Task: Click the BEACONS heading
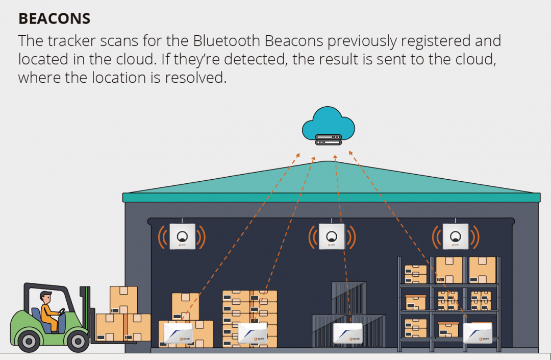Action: click(54, 19)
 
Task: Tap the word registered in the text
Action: click(443, 40)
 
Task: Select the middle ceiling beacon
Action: click(332, 236)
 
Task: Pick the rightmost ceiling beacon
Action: click(455, 236)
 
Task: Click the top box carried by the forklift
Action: click(123, 300)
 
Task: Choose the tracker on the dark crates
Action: click(347, 333)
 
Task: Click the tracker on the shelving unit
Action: click(477, 332)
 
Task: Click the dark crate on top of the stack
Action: click(349, 298)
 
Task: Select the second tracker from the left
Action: click(252, 332)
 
